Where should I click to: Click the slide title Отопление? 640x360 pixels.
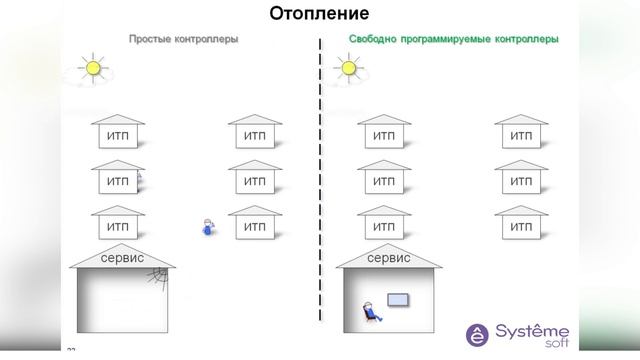pyautogui.click(x=319, y=14)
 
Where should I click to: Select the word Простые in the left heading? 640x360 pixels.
pyautogui.click(x=149, y=39)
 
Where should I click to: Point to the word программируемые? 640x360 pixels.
pyautogui.click(x=448, y=39)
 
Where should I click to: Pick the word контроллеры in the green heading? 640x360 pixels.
pyautogui.click(x=529, y=39)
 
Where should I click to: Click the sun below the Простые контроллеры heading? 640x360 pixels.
pyautogui.click(x=93, y=68)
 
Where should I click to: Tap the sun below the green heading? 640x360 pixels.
pyautogui.click(x=348, y=68)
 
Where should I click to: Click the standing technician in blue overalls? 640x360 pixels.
pyautogui.click(x=208, y=227)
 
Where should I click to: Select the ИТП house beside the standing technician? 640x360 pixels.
pyautogui.click(x=255, y=224)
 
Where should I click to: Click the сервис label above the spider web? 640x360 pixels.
pyautogui.click(x=123, y=258)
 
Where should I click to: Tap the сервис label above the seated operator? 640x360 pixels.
pyautogui.click(x=389, y=258)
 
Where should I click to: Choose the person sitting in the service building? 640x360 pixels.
pyautogui.click(x=371, y=311)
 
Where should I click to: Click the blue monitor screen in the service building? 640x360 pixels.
pyautogui.click(x=398, y=299)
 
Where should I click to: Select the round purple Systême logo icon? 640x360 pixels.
pyautogui.click(x=480, y=333)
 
